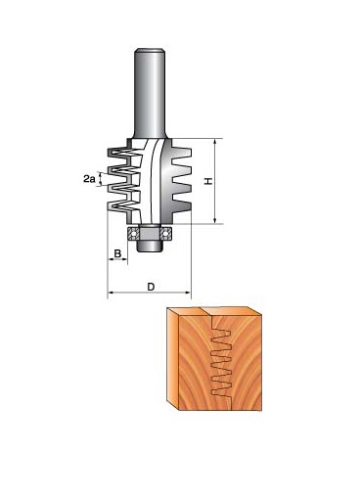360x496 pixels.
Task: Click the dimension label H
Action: (208, 181)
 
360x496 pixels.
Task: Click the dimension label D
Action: (151, 287)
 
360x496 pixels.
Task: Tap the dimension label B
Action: (117, 253)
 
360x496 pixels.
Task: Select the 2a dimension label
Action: (89, 179)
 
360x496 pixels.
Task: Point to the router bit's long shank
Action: (150, 94)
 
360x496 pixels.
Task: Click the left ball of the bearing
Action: (133, 234)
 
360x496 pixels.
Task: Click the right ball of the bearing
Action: (165, 234)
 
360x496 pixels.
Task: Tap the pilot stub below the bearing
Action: (150, 247)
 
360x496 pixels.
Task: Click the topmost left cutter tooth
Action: (119, 153)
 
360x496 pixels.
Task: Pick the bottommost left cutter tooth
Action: (119, 206)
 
